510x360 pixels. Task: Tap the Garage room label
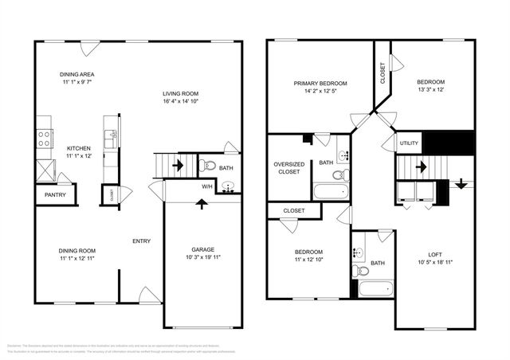point(202,249)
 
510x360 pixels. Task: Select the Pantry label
point(54,194)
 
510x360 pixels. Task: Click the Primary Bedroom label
point(320,83)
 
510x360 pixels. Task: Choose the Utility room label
point(409,143)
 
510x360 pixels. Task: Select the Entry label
point(142,241)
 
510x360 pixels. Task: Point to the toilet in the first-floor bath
point(207,166)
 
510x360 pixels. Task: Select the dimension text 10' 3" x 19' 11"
point(202,258)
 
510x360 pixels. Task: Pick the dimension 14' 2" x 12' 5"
point(320,92)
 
